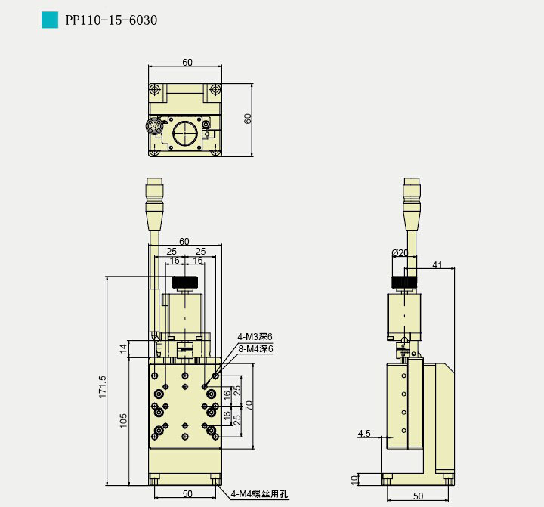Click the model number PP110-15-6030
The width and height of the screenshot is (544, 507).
[111, 20]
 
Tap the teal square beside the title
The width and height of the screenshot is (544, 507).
[50, 20]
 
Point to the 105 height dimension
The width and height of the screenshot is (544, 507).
[124, 421]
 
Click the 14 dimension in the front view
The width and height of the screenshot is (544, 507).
[124, 348]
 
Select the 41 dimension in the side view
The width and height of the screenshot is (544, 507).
[437, 265]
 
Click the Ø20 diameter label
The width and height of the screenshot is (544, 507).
[400, 253]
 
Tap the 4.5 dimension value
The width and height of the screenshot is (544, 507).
[364, 434]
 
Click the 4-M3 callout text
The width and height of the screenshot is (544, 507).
[255, 337]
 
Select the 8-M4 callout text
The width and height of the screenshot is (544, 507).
[255, 349]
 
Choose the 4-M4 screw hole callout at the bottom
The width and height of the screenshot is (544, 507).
[260, 494]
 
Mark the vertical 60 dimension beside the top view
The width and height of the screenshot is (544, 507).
[248, 118]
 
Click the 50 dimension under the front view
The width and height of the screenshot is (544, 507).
[187, 494]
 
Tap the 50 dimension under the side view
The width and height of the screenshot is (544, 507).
[419, 496]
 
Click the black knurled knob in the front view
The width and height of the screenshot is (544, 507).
[185, 283]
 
